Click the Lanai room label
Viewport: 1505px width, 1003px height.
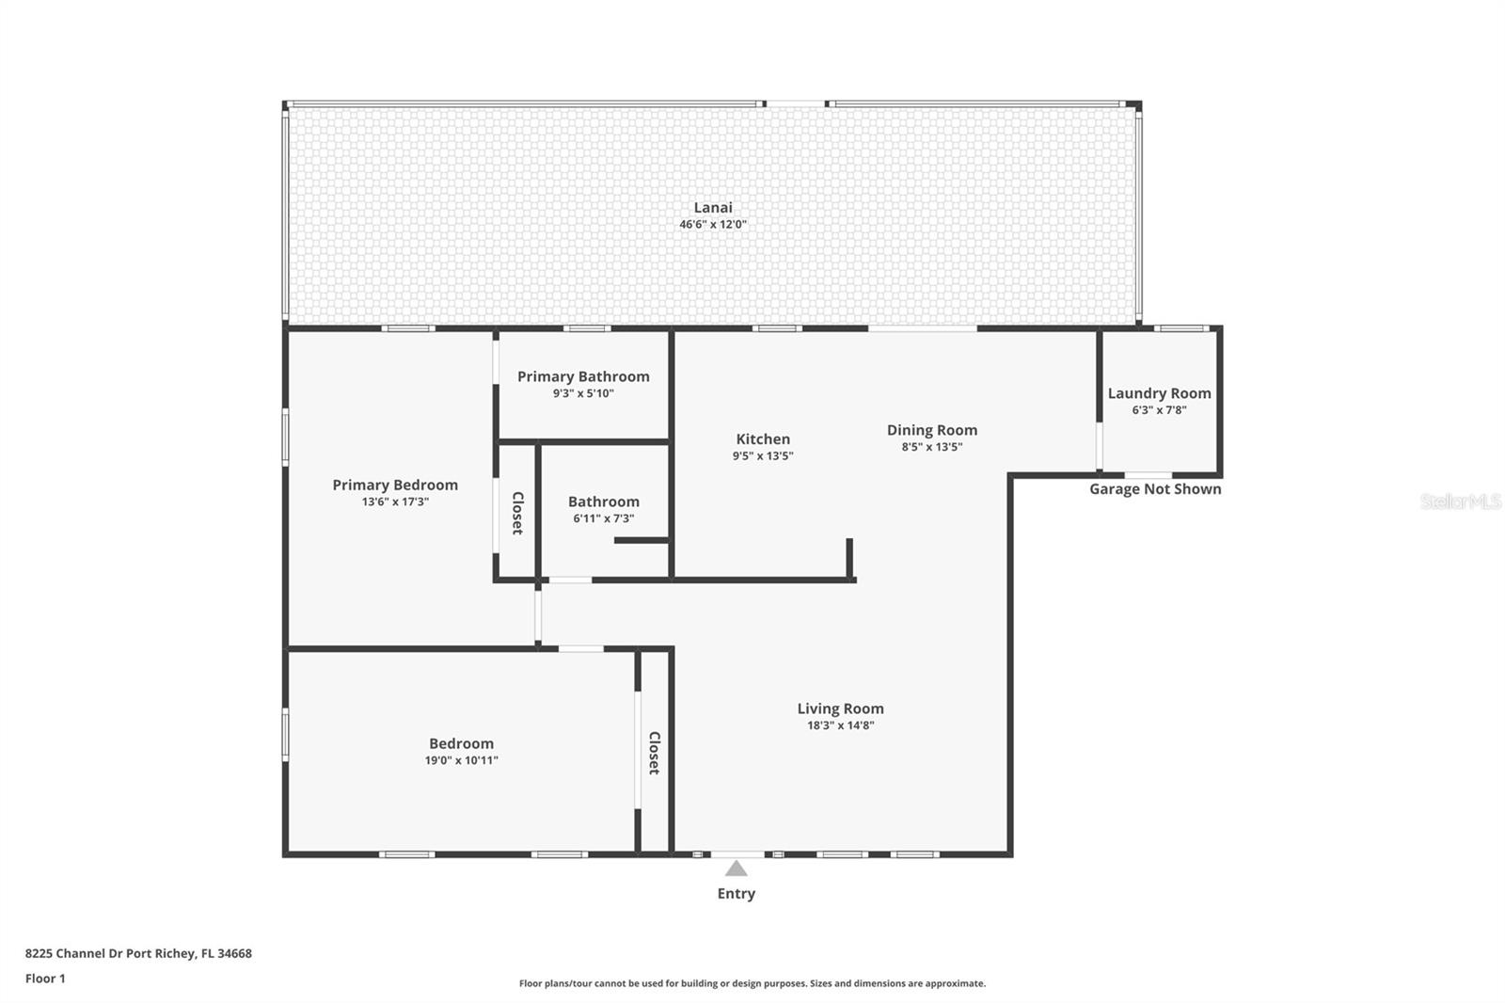(713, 208)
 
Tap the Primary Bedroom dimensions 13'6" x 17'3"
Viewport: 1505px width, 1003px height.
(395, 501)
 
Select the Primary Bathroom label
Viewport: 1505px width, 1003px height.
(583, 377)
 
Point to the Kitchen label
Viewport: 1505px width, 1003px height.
(763, 439)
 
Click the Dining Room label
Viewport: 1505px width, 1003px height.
(932, 430)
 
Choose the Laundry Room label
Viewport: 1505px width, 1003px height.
(1159, 394)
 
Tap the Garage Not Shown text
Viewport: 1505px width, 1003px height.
(1155, 488)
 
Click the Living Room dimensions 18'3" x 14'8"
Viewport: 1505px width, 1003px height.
(841, 725)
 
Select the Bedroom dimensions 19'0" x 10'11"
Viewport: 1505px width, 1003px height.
(461, 760)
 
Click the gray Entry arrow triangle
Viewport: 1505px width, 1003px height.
(737, 868)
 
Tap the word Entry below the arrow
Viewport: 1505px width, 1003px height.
(737, 894)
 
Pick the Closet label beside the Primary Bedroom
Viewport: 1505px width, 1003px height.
(517, 513)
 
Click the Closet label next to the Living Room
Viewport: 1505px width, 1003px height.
(654, 753)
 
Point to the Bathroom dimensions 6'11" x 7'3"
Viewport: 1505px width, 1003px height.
(603, 518)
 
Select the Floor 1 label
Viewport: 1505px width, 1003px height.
(45, 979)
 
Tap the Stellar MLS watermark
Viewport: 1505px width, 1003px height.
(1461, 501)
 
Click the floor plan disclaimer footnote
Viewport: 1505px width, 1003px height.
(752, 983)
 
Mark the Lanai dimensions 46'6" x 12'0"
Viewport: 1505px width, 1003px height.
(713, 225)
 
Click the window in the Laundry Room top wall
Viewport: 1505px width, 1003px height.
(1181, 328)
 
